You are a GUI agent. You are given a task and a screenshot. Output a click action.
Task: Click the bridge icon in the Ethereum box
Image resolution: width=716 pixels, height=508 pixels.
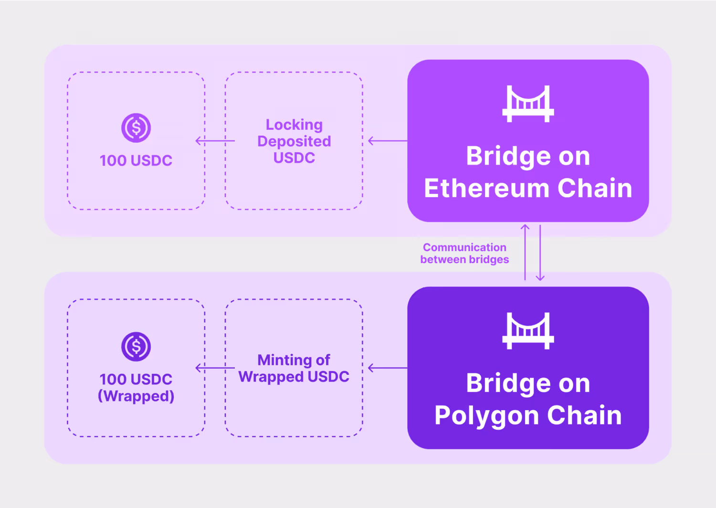tap(528, 104)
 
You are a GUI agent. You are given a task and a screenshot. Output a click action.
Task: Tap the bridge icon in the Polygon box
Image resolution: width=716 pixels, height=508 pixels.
tap(528, 331)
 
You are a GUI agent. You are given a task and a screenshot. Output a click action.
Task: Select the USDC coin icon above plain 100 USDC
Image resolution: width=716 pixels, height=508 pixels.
tap(136, 128)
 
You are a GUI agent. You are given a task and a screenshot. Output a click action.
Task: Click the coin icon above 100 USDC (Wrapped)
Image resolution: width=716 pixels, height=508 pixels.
tap(136, 347)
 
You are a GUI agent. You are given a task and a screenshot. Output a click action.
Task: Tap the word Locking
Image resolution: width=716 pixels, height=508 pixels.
tap(294, 125)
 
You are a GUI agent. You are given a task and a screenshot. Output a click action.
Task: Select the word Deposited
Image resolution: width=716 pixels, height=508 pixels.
tap(294, 141)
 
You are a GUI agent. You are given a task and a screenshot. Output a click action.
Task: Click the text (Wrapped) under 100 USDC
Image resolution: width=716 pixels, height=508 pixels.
tap(136, 396)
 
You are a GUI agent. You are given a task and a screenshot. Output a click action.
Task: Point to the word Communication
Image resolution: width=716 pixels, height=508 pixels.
tap(464, 247)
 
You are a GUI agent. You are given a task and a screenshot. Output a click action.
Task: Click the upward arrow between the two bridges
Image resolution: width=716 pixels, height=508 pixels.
tap(525, 252)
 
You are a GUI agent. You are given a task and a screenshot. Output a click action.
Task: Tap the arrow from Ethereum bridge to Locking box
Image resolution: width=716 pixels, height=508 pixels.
tap(388, 141)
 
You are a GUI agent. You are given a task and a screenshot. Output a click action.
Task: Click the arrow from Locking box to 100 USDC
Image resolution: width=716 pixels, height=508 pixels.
tap(215, 141)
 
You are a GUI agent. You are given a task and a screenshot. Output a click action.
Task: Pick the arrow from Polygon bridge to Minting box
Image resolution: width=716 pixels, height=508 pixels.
tap(388, 368)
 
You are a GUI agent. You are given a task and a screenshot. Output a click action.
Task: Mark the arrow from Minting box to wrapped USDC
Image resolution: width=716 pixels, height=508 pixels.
tap(215, 368)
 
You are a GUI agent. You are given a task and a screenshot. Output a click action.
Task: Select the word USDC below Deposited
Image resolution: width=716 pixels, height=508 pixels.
tap(294, 158)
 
